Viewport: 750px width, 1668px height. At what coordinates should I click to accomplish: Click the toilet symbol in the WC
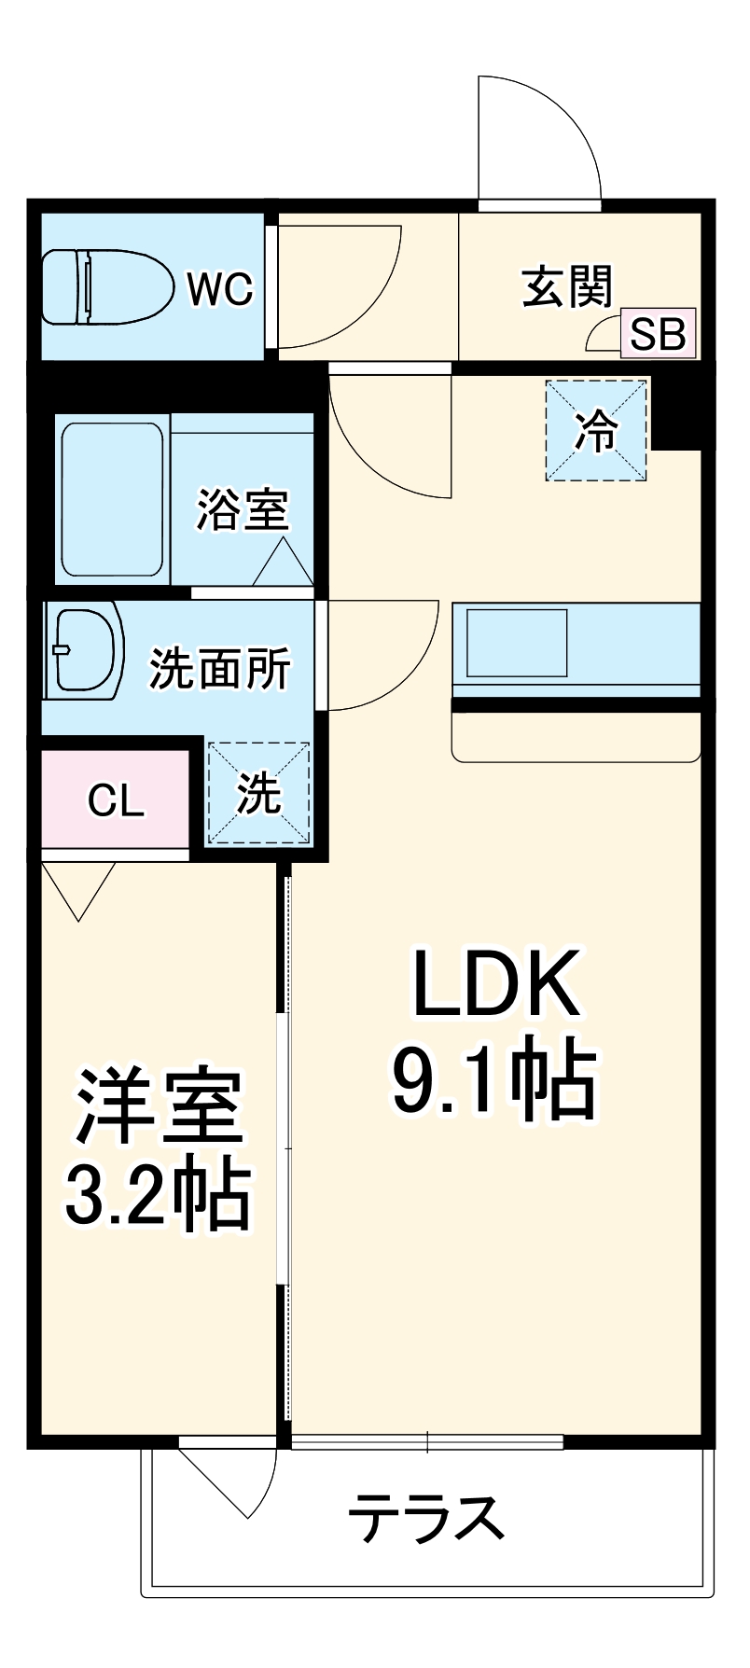[x=108, y=287]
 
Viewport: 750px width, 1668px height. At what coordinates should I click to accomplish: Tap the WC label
[x=220, y=289]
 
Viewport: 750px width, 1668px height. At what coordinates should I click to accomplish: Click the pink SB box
[x=658, y=333]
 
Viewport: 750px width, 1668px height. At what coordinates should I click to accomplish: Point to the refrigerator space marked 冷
[x=596, y=430]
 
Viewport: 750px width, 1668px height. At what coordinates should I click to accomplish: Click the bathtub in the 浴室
[x=113, y=499]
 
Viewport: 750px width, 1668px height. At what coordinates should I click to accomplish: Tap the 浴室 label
[x=243, y=509]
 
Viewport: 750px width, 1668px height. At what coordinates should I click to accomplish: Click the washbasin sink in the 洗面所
[x=86, y=650]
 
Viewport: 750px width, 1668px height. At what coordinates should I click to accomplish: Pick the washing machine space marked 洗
[x=257, y=794]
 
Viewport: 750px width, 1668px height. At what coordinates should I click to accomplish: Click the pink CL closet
[x=116, y=799]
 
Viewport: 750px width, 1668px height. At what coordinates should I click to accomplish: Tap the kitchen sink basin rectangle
[x=517, y=643]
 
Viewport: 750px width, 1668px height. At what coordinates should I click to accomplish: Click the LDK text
[x=497, y=983]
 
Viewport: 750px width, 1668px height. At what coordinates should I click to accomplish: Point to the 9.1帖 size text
[x=493, y=1080]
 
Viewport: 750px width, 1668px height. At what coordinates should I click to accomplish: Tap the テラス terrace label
[x=425, y=1518]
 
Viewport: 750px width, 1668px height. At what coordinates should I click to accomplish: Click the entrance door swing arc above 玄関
[x=550, y=131]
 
